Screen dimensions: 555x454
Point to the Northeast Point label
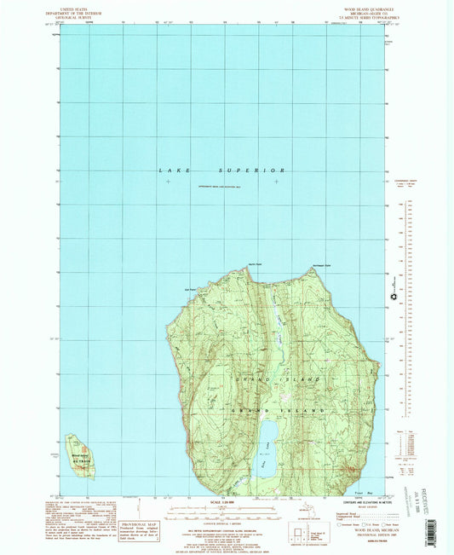pos(319,264)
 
